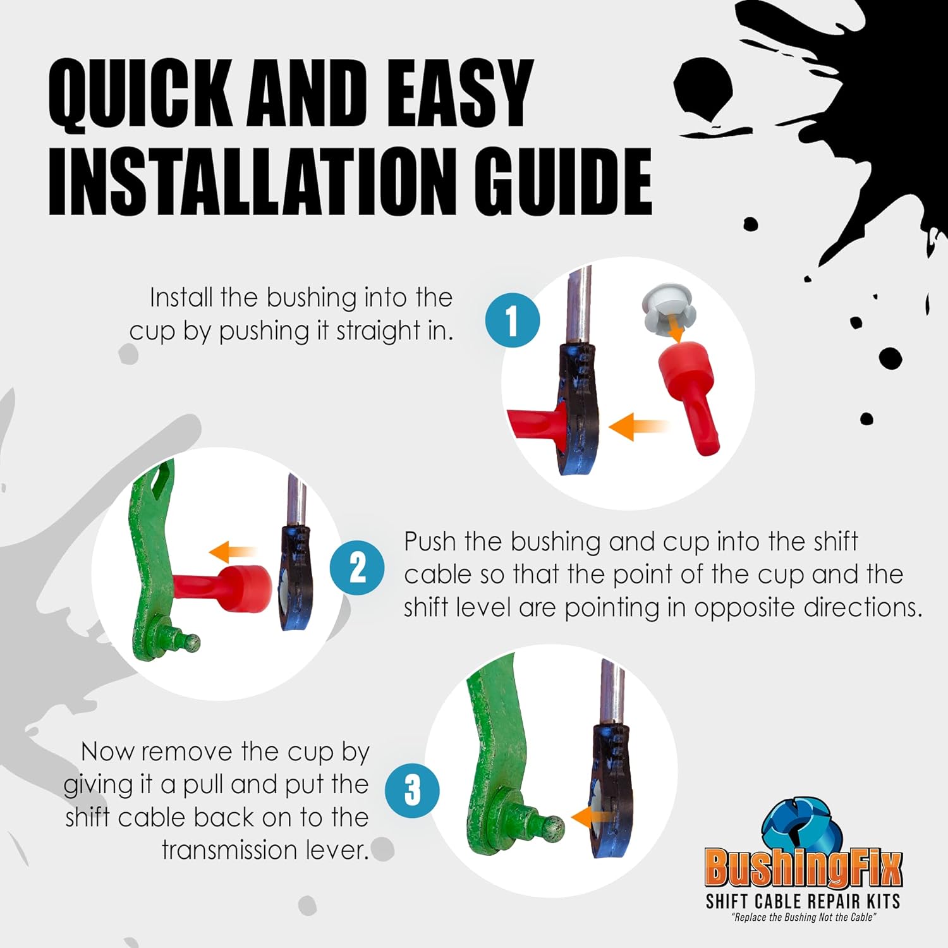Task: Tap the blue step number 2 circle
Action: (x=357, y=568)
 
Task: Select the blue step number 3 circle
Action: (x=412, y=789)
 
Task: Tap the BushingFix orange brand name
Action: (x=803, y=868)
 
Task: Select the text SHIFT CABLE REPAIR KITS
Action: (x=803, y=901)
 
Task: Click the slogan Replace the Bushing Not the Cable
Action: (x=804, y=918)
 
